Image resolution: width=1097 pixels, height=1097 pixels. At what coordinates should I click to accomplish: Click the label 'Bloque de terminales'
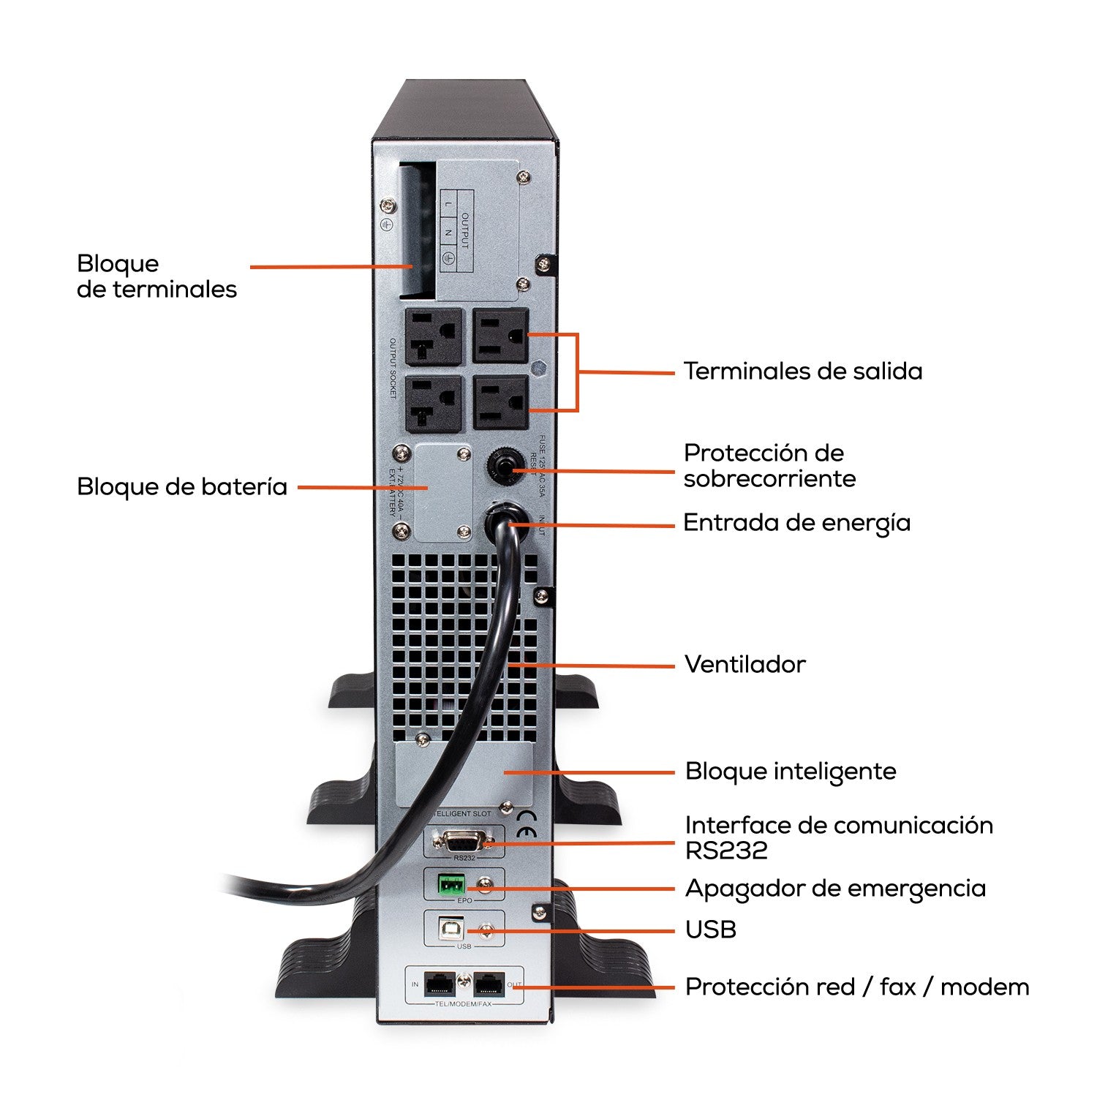coord(157,276)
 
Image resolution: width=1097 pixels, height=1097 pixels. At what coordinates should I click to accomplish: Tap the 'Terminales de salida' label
coord(802,371)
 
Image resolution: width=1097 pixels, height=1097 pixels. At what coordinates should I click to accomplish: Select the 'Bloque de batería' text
coord(181,486)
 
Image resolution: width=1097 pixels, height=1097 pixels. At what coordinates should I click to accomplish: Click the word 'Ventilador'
coord(744,664)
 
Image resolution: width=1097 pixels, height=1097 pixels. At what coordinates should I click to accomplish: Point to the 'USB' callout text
coord(710,930)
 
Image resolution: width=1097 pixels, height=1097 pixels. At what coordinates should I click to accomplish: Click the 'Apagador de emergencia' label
coord(834,888)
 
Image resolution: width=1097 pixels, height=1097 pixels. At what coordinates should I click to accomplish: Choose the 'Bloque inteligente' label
coord(790,771)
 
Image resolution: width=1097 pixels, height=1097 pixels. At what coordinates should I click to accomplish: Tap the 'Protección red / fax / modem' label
coord(856,987)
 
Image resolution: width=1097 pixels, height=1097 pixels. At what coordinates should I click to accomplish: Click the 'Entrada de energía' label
coord(796,522)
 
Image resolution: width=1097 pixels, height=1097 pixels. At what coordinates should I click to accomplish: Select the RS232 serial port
coord(464,841)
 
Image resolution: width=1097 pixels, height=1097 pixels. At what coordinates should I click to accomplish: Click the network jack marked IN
coord(439,984)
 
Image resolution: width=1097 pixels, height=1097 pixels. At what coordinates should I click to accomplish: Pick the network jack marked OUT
coord(489,984)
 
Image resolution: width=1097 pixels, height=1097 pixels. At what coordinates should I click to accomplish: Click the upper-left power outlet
coord(434,336)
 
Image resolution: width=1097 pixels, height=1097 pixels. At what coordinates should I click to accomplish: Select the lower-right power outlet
coord(500,402)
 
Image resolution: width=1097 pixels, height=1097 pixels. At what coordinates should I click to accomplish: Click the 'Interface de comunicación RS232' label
coord(838,837)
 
